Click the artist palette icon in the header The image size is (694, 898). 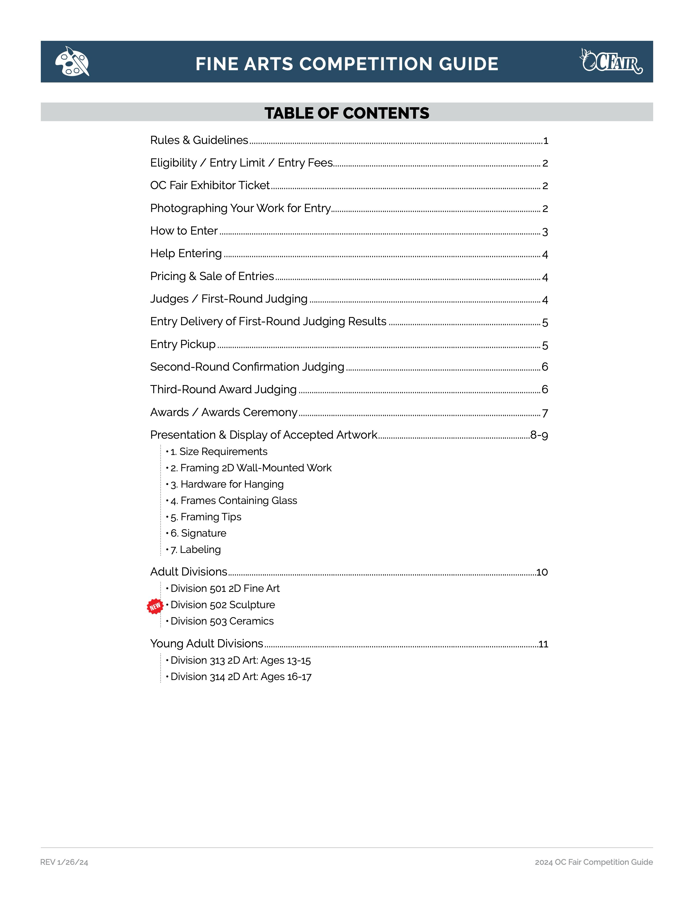(x=72, y=61)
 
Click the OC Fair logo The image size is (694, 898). (x=611, y=61)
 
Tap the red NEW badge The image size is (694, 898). (x=155, y=606)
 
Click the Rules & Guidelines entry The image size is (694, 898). (x=199, y=140)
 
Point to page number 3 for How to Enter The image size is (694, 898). (x=545, y=232)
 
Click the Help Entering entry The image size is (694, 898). (x=186, y=253)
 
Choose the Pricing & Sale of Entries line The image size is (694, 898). (x=212, y=276)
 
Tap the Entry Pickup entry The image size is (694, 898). (x=183, y=344)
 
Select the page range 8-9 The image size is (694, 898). (x=539, y=435)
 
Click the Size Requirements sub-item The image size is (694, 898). (x=219, y=451)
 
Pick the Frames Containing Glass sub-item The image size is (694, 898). (x=234, y=500)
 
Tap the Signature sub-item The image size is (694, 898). (x=198, y=533)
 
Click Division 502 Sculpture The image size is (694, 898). (x=222, y=605)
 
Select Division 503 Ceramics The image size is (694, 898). (x=222, y=621)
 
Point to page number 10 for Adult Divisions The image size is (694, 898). (x=542, y=572)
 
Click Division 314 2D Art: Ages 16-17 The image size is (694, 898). (x=241, y=677)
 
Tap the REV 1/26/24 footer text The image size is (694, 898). (x=64, y=862)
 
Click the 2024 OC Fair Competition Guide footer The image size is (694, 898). (x=593, y=862)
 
